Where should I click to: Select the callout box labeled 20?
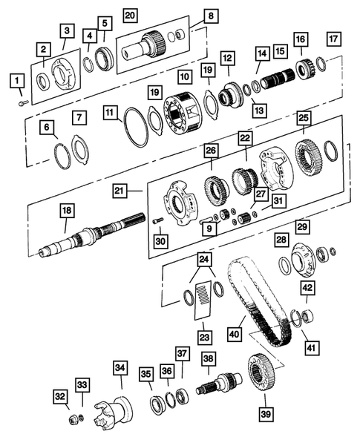coord(130,15)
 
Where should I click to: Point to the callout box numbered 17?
coord(334,39)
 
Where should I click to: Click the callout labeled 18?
coord(67,211)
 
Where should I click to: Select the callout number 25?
coord(303,118)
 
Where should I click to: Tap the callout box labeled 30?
coord(160,241)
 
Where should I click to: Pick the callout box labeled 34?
coord(120,367)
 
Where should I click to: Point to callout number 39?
coord(264,413)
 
